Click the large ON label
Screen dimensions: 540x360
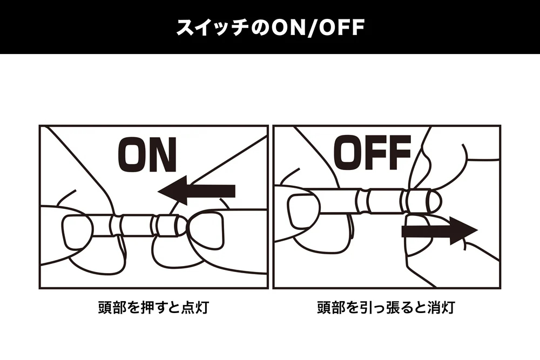(147, 155)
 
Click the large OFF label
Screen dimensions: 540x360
(373, 152)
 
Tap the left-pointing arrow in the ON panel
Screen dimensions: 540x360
(197, 191)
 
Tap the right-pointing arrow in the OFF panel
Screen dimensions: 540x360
(440, 230)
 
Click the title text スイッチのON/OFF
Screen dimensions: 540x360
(270, 28)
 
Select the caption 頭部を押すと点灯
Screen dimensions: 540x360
(153, 307)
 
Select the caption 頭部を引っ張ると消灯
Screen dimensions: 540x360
(386, 307)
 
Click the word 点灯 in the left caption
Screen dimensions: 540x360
(195, 307)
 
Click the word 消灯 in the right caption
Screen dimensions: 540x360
(441, 307)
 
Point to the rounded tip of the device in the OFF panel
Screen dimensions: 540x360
(435, 201)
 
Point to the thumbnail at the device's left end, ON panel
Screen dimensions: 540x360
(77, 232)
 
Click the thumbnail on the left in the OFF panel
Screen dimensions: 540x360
(305, 212)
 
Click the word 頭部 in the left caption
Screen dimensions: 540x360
(112, 307)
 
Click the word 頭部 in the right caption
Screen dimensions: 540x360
(331, 307)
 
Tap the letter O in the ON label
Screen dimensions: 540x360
(132, 155)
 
